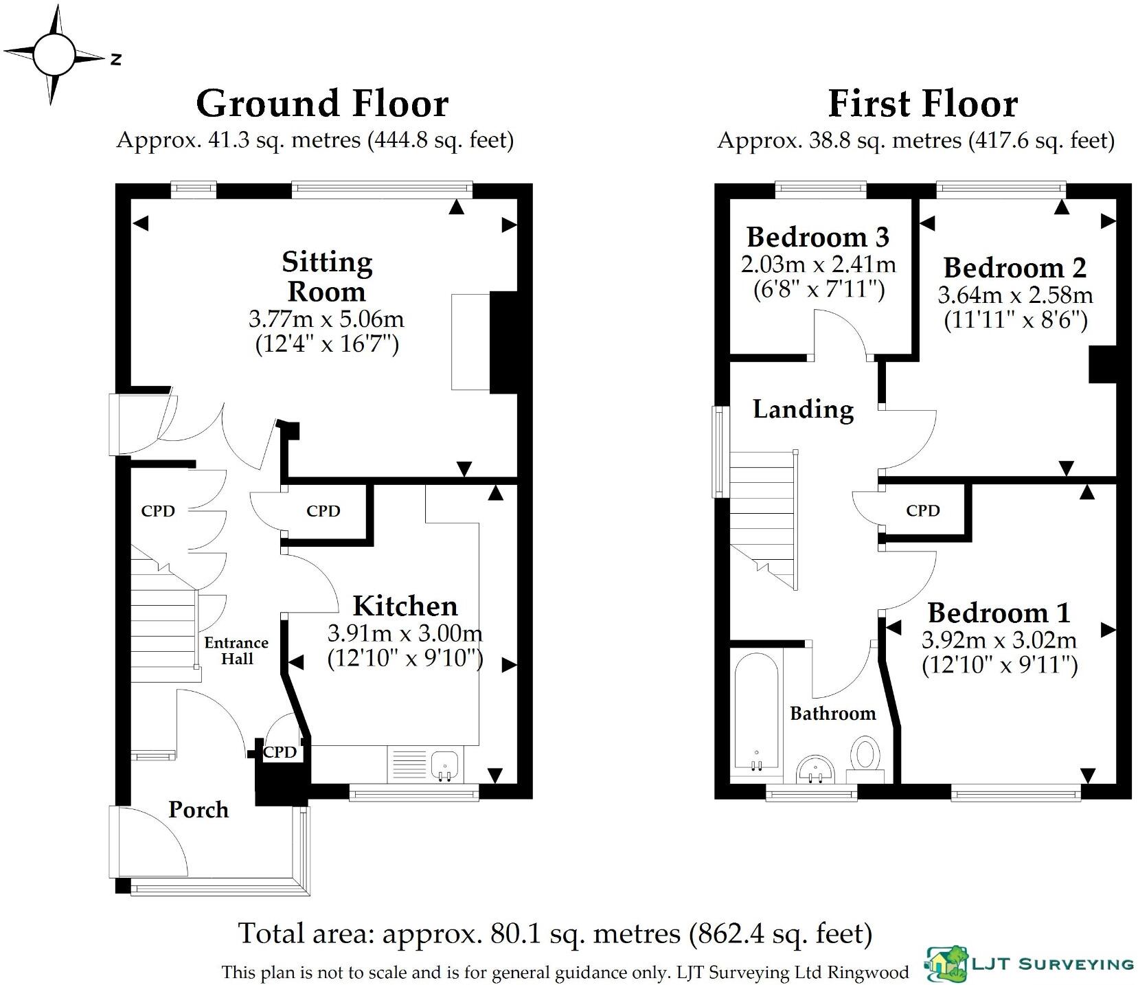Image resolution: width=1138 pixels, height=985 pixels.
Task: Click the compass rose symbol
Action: pos(54,54)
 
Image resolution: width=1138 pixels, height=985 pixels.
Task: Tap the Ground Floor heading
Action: pos(322,104)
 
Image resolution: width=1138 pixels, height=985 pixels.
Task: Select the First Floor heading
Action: pos(922,104)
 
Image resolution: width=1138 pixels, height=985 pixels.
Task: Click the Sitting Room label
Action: pos(327,276)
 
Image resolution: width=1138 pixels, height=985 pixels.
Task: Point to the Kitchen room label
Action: pos(405,606)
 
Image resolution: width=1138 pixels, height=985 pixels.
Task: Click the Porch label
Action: pos(198,810)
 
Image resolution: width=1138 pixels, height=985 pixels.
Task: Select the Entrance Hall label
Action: pos(237,650)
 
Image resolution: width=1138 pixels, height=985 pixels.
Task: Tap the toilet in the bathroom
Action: pos(866,759)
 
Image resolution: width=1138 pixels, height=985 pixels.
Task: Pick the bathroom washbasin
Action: pos(815,769)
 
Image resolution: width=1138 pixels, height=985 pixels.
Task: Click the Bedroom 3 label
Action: pos(818,237)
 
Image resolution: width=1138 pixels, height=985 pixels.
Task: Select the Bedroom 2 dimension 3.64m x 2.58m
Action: pos(1015,295)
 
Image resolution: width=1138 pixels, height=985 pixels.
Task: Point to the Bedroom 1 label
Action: pos(999,612)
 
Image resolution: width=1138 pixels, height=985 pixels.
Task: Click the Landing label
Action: pos(804,409)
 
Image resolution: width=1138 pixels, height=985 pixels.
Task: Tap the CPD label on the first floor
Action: pos(922,510)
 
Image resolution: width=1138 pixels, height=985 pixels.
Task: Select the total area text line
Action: pos(555,933)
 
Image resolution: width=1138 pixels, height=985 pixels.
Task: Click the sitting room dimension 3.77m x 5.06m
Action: pos(326,319)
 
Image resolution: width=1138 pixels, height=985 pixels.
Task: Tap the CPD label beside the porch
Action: pos(280,752)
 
